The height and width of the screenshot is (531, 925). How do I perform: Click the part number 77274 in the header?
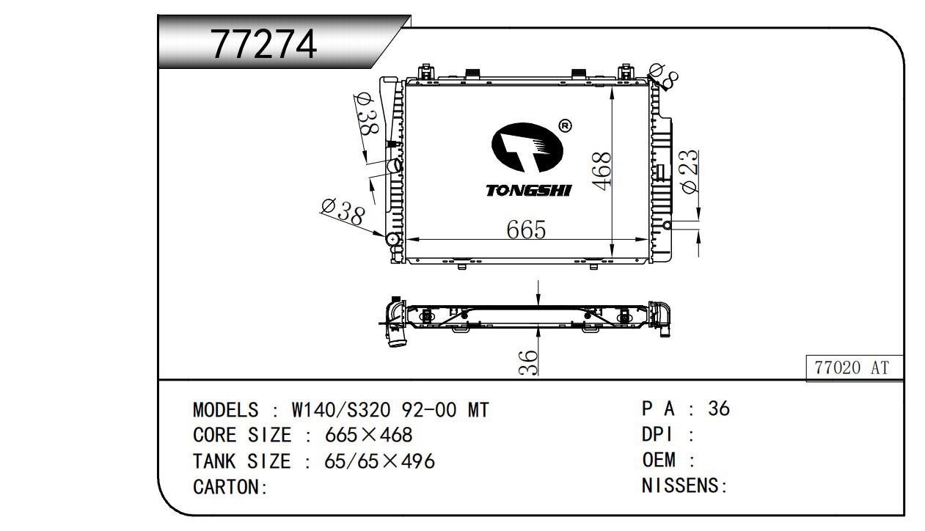point(264,44)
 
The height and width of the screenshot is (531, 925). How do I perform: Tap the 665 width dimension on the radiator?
point(526,230)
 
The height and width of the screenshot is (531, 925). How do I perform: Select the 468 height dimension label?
point(602,170)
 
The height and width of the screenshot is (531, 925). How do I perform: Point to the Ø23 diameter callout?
point(690,172)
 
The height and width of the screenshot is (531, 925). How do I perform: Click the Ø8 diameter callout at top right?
point(665,73)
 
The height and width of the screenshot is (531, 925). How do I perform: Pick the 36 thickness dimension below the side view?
point(528,362)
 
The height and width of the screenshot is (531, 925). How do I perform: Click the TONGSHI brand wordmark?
point(528,191)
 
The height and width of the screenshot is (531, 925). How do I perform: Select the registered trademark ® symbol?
point(565,126)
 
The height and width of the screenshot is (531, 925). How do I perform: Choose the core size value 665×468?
point(368,436)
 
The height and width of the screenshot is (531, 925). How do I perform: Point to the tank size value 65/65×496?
point(379,461)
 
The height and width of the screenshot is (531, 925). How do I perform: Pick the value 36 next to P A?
point(719,409)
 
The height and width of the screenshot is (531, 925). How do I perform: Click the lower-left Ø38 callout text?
point(343,212)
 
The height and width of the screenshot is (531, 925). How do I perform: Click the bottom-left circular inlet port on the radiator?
point(393,239)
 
